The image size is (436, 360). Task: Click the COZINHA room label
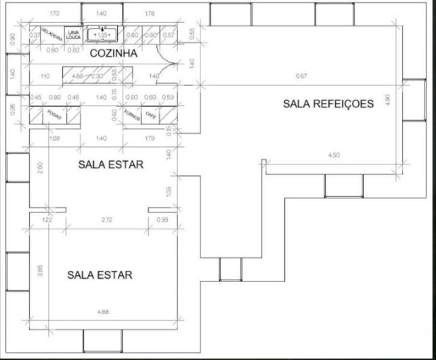click(x=114, y=53)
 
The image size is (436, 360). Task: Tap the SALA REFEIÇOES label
click(x=328, y=104)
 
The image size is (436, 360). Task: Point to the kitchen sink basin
click(x=102, y=33)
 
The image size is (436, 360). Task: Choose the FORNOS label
click(x=131, y=116)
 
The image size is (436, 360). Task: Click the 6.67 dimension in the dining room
click(x=301, y=76)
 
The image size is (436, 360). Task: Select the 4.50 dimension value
click(x=333, y=156)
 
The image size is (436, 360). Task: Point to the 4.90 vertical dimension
click(x=387, y=99)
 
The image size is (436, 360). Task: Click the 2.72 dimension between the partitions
click(x=107, y=221)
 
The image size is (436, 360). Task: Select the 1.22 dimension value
click(x=47, y=221)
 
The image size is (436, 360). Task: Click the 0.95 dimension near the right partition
click(x=162, y=221)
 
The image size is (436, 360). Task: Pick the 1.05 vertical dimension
click(x=169, y=191)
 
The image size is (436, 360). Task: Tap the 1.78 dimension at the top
click(x=150, y=13)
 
